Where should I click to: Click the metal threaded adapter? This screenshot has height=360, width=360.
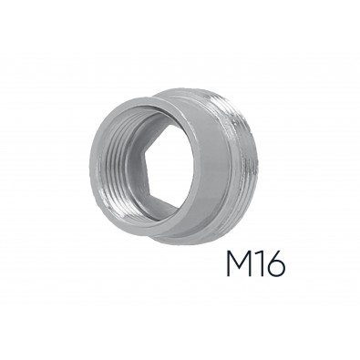tap(173, 169)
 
